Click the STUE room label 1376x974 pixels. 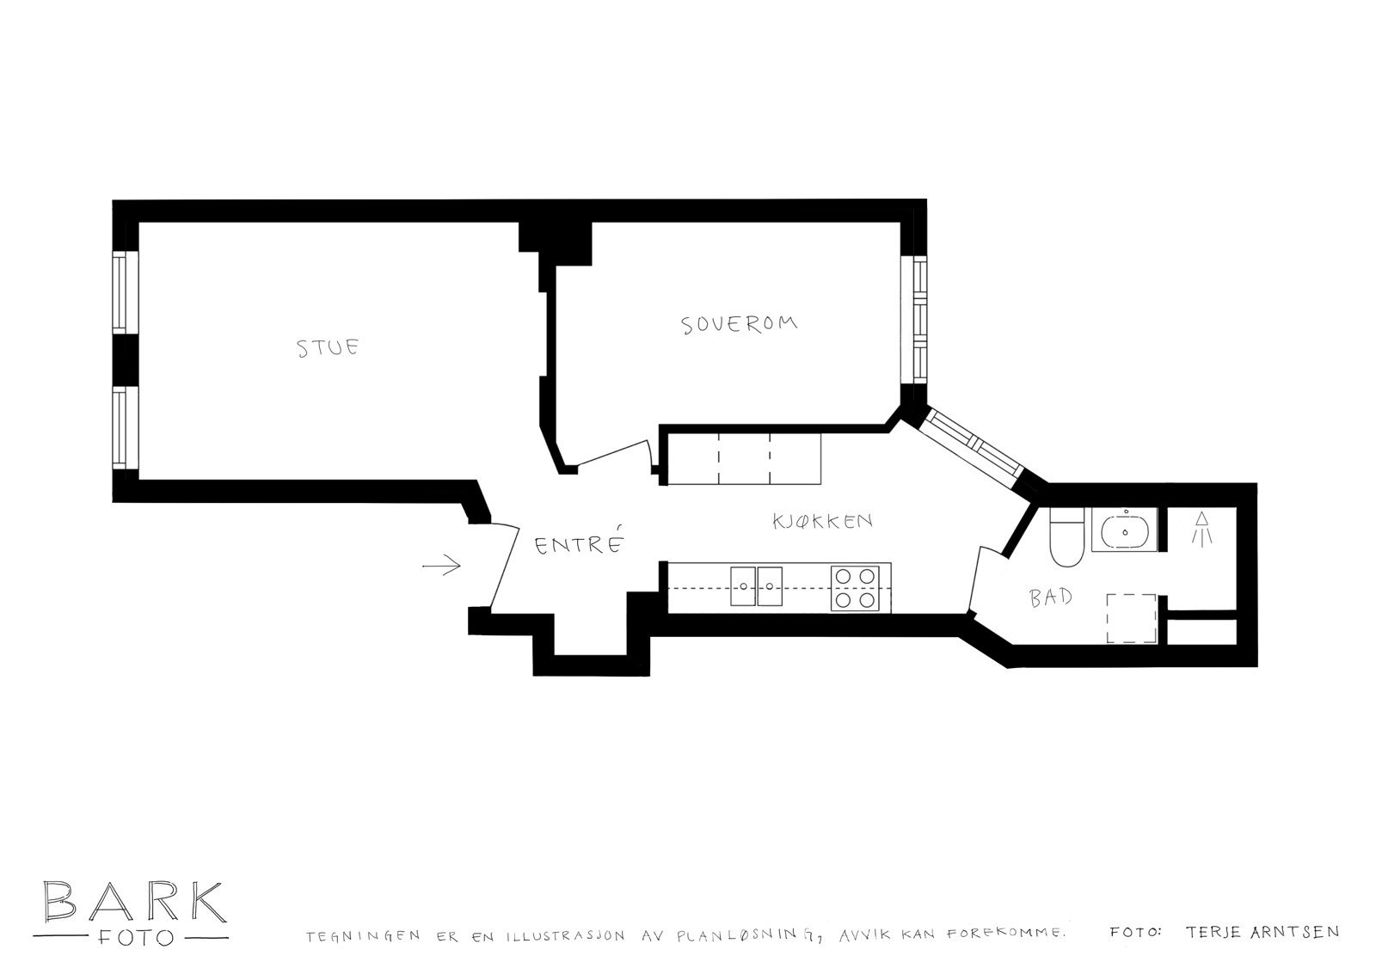click(327, 348)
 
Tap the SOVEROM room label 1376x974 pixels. click(739, 324)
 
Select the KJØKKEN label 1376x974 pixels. click(822, 521)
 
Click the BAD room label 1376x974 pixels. click(1050, 597)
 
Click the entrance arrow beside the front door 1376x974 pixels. click(442, 565)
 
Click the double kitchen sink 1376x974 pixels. click(756, 588)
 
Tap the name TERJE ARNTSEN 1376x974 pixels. click(1261, 932)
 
